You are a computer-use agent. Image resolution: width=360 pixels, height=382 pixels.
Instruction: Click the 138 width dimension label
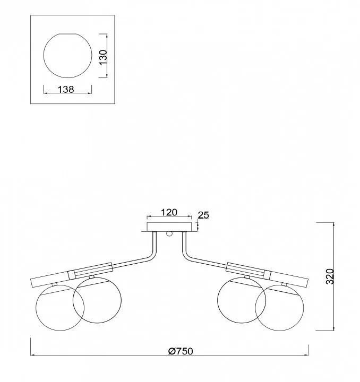[66, 90]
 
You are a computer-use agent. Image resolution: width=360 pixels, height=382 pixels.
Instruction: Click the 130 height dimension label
[104, 57]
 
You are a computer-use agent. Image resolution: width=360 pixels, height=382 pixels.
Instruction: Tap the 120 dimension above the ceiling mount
[169, 212]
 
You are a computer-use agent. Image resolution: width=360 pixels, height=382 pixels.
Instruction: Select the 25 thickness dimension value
[203, 215]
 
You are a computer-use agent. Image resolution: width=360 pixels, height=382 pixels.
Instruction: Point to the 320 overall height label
[330, 276]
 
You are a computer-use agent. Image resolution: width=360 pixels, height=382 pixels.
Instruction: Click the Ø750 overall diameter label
[181, 351]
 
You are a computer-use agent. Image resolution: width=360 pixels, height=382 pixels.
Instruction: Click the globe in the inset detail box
[68, 56]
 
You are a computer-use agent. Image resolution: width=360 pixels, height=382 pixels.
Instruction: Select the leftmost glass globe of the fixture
[60, 308]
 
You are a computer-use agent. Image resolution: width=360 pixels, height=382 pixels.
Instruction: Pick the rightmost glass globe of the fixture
[280, 308]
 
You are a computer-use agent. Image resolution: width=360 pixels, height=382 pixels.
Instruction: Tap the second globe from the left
[97, 300]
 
